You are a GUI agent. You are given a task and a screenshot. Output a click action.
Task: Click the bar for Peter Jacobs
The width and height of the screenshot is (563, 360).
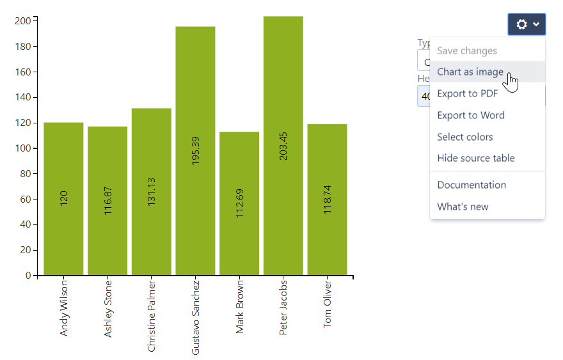coord(283,192)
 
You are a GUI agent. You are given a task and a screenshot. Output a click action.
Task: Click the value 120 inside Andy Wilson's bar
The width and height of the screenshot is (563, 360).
coord(63,198)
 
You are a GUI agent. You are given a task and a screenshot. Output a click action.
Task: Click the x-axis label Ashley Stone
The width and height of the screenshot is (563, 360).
coord(107,309)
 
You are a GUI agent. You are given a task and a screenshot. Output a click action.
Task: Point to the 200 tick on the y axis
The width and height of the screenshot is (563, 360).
coord(23,21)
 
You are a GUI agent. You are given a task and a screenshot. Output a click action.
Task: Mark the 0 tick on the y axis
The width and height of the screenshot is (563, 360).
coord(28,276)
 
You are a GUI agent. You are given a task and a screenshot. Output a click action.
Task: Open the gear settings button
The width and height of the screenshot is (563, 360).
coord(527,24)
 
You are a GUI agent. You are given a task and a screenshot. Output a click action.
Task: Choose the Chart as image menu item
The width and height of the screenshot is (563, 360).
coord(470,72)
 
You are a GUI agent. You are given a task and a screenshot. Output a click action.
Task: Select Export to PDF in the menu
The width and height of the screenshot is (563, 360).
coord(467,93)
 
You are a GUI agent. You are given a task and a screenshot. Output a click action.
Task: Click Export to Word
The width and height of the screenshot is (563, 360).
coord(470,115)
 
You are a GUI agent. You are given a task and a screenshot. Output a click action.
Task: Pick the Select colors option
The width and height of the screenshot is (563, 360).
coord(464,137)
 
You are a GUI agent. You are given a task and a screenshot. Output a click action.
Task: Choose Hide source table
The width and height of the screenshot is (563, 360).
coord(475,158)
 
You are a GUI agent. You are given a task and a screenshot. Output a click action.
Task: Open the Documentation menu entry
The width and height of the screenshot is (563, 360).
coord(471,185)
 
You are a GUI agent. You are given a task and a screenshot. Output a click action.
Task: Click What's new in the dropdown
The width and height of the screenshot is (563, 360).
coord(462,207)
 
